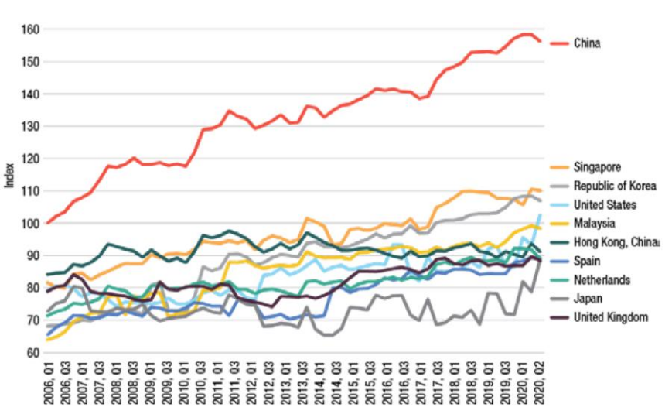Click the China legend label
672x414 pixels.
[x=587, y=43]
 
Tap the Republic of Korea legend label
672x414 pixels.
[x=615, y=186]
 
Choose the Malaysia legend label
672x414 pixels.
[x=595, y=223]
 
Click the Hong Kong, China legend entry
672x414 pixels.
[x=616, y=241]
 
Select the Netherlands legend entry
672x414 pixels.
[x=602, y=279]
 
